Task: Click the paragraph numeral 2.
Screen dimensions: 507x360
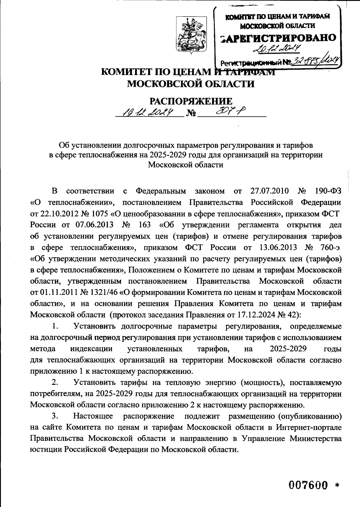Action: click(55, 383)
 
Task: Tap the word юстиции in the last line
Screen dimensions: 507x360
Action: click(44, 449)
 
